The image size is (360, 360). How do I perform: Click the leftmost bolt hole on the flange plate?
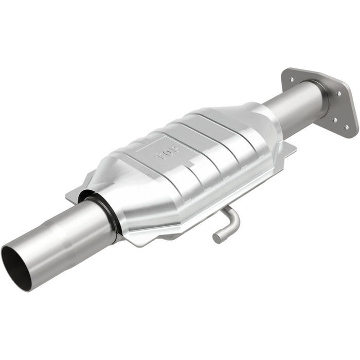[292, 80]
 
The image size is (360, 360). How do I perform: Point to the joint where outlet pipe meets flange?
[323, 100]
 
